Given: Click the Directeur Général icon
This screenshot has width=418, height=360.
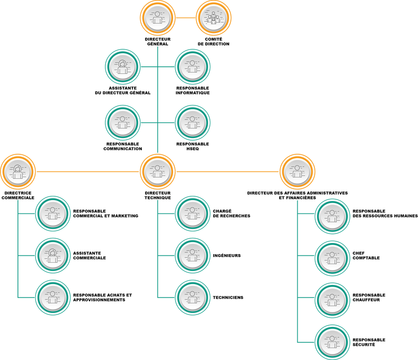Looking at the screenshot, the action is pos(158,18).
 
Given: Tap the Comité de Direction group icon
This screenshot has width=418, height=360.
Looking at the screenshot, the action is pos(214,18).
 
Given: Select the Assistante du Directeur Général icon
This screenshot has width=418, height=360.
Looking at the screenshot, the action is pos(122,67).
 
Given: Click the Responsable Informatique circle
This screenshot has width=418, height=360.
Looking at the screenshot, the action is pos(192,67).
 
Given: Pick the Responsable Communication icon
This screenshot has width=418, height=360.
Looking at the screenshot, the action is pos(122,123).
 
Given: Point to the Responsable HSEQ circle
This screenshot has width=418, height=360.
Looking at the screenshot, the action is pos(192,123).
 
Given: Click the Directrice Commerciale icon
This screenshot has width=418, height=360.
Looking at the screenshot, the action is pos(18,171).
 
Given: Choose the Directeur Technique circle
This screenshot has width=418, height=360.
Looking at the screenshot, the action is pos(158,171).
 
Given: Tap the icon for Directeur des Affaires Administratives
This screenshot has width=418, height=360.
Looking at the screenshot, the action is pos(297,171).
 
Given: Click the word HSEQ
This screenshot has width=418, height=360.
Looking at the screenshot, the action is pos(192,149).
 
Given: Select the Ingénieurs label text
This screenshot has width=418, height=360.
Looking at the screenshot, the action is pos(227,255).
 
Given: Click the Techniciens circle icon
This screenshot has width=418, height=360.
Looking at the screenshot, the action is pos(192,297).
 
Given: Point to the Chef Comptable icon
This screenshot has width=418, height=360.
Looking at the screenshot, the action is pos(332,258).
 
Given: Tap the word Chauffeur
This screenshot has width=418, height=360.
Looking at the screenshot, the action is pos(366,300).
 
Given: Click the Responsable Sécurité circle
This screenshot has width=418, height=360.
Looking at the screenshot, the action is pos(332,342).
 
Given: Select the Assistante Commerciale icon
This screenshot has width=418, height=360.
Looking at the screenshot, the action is pos(53,255).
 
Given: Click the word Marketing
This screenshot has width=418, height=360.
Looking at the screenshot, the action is pos(125,216).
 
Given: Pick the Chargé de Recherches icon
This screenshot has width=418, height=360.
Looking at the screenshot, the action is pos(192,213).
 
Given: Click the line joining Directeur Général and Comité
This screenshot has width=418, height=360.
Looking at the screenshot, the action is pos(185,18).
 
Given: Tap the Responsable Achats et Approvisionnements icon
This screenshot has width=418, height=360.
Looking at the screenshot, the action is pos(53,297).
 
